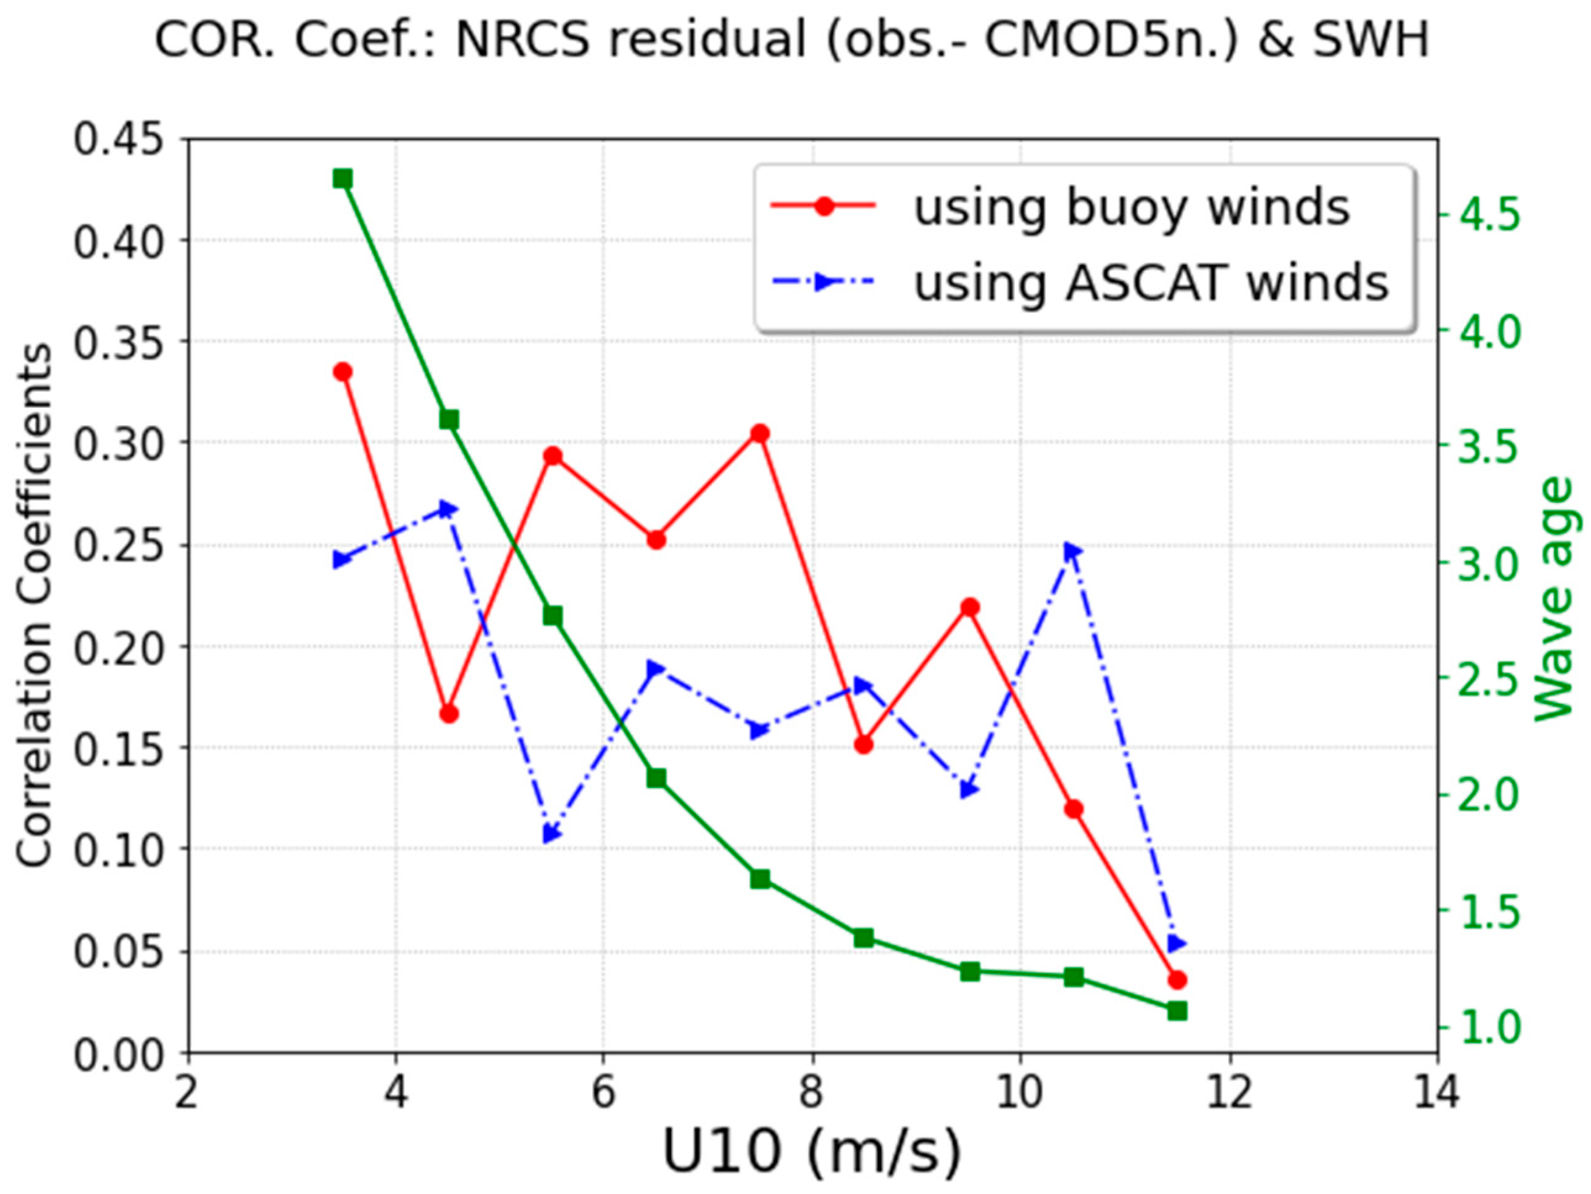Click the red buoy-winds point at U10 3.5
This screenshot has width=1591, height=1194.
pyautogui.click(x=343, y=371)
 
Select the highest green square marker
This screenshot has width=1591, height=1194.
pyautogui.click(x=343, y=178)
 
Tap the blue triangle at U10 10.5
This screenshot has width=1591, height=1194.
pyautogui.click(x=1072, y=552)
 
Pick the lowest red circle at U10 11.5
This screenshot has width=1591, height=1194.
pyautogui.click(x=1177, y=980)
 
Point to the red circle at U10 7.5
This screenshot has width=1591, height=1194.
pyautogui.click(x=760, y=433)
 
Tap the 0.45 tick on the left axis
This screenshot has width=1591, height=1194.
pyautogui.click(x=126, y=138)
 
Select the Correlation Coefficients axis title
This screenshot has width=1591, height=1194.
pyautogui.click(x=35, y=605)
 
